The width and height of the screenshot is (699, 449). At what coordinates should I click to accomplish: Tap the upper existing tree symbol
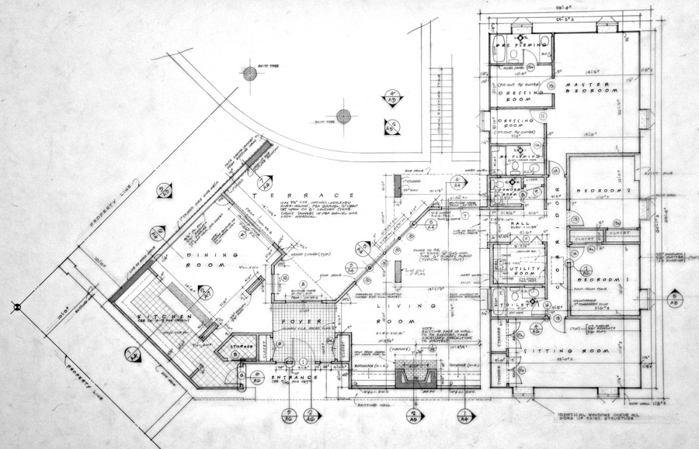point(249,74)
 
